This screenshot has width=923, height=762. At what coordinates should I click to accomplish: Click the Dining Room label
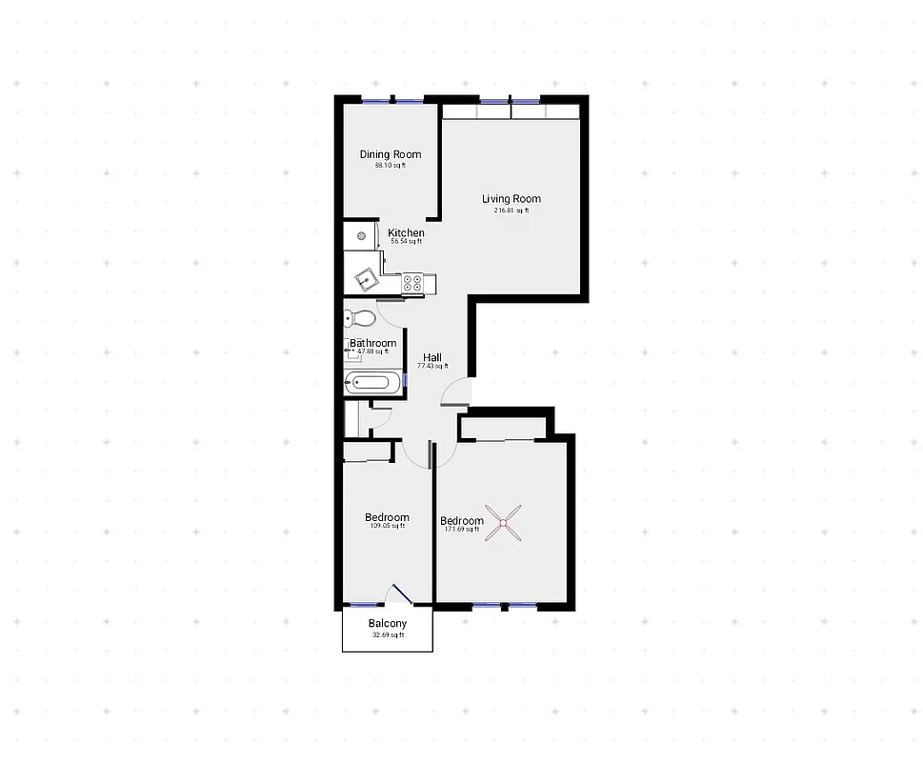pyautogui.click(x=390, y=154)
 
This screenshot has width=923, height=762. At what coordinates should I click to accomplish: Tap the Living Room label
pyautogui.click(x=511, y=199)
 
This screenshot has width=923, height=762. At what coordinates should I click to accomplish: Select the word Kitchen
pyautogui.click(x=406, y=233)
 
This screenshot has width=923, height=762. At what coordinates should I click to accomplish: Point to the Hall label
pyautogui.click(x=431, y=358)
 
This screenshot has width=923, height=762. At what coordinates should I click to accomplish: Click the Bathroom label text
pyautogui.click(x=372, y=343)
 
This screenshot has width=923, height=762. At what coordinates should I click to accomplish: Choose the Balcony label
pyautogui.click(x=387, y=624)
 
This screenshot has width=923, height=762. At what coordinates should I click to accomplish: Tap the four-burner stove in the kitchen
pyautogui.click(x=412, y=282)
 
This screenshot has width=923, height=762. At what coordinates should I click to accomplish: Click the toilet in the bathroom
pyautogui.click(x=360, y=317)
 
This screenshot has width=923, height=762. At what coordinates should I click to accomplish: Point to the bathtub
pyautogui.click(x=372, y=384)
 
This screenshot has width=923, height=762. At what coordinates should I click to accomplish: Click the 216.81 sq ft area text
pyautogui.click(x=511, y=211)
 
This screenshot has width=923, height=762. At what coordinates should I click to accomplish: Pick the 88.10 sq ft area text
pyautogui.click(x=390, y=166)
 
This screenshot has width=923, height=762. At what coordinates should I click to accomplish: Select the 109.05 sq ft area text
pyautogui.click(x=387, y=526)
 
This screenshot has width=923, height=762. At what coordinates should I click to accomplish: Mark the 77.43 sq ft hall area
pyautogui.click(x=431, y=367)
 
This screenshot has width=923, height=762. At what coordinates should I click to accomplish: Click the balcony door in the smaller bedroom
pyautogui.click(x=398, y=596)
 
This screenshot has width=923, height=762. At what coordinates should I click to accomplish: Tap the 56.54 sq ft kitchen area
pyautogui.click(x=406, y=242)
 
